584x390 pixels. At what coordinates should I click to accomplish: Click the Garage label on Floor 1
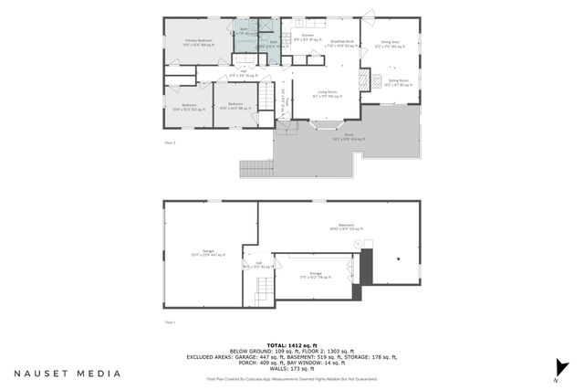[209, 252]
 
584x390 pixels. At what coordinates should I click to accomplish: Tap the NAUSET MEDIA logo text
[68, 374]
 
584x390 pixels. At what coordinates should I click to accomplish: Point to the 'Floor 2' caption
[170, 143]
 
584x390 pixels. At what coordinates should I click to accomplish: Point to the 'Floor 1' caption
[170, 322]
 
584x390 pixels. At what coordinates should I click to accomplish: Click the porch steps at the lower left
[255, 169]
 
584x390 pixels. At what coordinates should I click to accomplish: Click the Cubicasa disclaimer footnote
[291, 377]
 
